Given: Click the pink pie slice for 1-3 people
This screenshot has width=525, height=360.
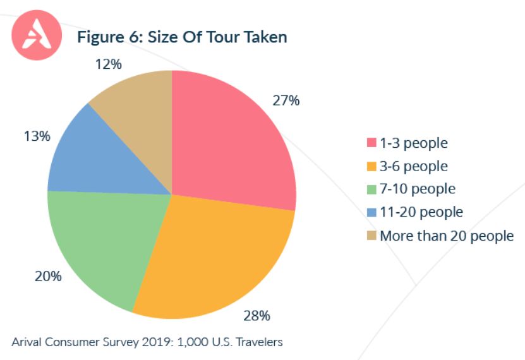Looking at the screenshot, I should [x=234, y=139].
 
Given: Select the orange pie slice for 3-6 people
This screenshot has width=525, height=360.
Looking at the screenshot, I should [x=215, y=253].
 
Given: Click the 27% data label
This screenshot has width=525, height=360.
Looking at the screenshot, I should [x=286, y=101].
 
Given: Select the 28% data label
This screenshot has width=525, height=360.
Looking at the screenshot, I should [x=257, y=315].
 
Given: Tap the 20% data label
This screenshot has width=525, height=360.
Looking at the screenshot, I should [x=48, y=276].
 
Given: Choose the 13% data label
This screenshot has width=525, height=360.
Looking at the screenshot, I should [x=37, y=136].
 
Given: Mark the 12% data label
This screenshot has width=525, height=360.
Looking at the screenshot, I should [x=108, y=64].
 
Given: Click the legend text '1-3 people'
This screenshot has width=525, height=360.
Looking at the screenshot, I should [x=413, y=143].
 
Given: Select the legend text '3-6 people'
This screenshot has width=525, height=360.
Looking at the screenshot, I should [x=413, y=166].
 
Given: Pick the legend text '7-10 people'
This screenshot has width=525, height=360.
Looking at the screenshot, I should [x=417, y=189].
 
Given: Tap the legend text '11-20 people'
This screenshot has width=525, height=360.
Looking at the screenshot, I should [x=421, y=212].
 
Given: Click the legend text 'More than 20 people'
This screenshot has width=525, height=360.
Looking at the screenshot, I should [x=446, y=236].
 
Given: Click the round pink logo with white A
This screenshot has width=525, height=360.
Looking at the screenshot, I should [x=37, y=37].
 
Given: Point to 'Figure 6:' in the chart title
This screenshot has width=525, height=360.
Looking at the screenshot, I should [x=110, y=37].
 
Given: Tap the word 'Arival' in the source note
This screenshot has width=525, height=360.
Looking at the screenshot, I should [x=28, y=342].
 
